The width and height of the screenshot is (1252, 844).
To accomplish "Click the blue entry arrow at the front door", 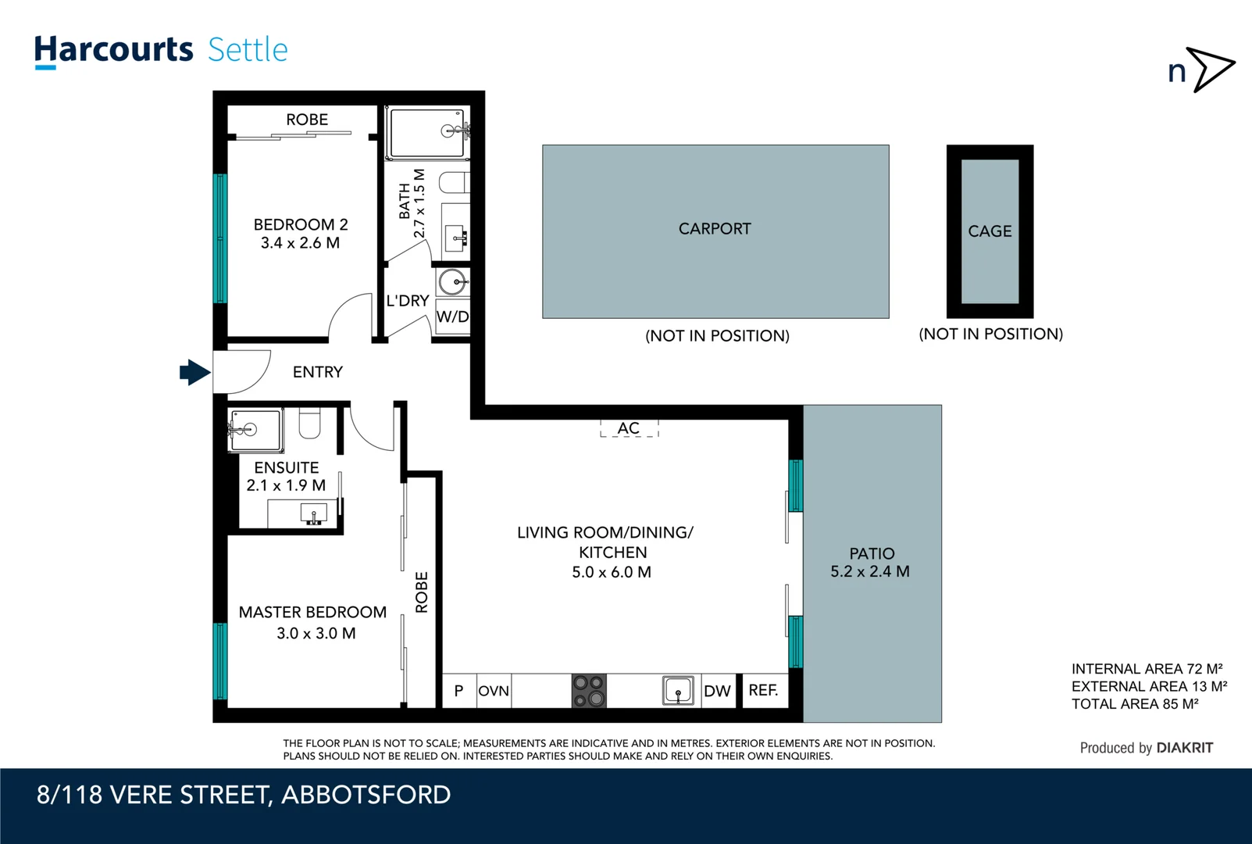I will pos(194,373).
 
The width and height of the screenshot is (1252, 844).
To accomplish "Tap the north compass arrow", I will pos(1211,70).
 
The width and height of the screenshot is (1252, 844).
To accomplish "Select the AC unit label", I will pos(629,428).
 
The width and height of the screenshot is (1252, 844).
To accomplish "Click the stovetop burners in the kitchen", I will pos(589,691).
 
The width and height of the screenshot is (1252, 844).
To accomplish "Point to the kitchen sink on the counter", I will pos(678,691).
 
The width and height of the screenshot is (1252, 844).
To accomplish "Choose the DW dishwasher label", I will pos(717,691).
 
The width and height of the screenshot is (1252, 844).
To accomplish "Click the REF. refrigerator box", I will pos(764,690).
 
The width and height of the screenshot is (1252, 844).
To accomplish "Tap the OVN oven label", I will pos(494,691).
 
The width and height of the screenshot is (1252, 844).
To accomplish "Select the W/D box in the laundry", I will pos(452,316).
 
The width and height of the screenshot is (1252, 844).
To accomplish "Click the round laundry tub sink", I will pos(452,281).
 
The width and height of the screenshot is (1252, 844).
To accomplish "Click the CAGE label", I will pos(990,231).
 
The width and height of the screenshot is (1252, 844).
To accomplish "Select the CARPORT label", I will pos(715,229).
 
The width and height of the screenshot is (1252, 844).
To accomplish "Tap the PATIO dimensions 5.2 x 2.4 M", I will pos(870,571).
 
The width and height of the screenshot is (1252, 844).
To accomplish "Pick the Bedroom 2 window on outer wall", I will pos(220,238).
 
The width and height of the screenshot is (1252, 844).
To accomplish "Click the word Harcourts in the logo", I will pos(114,50).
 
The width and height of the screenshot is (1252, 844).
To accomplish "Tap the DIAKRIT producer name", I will pos(1184,748).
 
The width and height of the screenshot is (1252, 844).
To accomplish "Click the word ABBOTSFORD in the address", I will pos(366,795).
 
